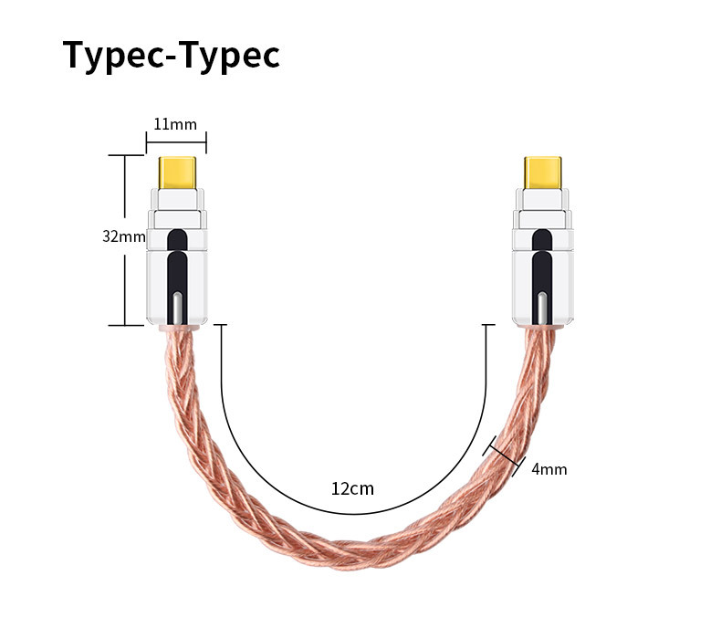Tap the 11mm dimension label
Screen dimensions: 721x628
point(174,124)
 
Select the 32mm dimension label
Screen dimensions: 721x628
point(123,236)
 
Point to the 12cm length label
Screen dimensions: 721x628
point(352,488)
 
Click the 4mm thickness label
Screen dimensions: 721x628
point(549,469)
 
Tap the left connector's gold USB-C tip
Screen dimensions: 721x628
point(177,173)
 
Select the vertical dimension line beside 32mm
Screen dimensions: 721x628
point(123,283)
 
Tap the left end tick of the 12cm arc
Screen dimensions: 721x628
point(220,325)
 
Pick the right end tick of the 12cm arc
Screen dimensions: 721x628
point(488,325)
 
